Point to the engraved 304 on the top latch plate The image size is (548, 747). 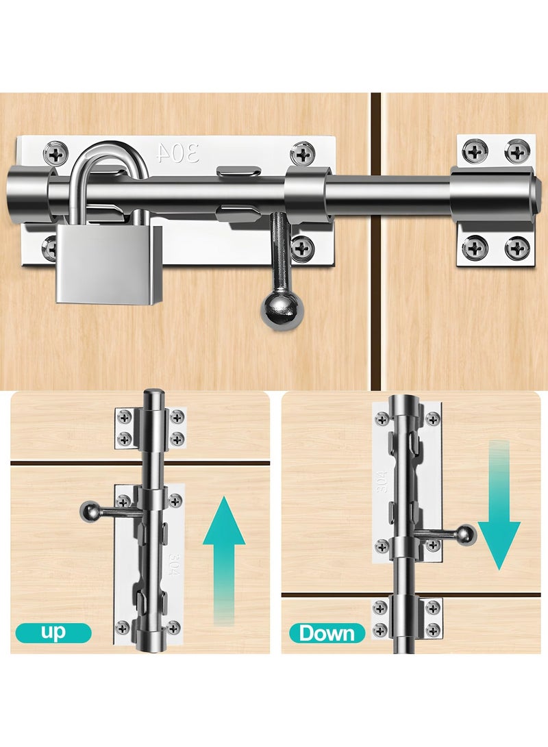click(x=177, y=153)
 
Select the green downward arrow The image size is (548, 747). click(x=499, y=505)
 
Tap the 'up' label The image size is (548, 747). click(x=53, y=633)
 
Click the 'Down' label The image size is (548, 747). click(x=327, y=633)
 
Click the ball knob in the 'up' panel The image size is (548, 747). click(x=90, y=513)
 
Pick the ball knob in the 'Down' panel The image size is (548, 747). click(x=466, y=534)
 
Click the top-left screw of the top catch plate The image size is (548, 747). click(x=474, y=152)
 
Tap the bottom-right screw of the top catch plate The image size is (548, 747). click(x=517, y=248)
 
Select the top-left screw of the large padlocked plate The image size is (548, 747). click(x=55, y=153)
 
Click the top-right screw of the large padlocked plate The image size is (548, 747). click(x=302, y=153)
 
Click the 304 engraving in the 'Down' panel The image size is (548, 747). click(x=382, y=481)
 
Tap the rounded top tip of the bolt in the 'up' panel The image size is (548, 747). click(x=153, y=393)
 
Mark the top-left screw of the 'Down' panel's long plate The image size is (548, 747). click(x=382, y=419)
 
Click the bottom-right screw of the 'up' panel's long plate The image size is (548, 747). click(x=173, y=627)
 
